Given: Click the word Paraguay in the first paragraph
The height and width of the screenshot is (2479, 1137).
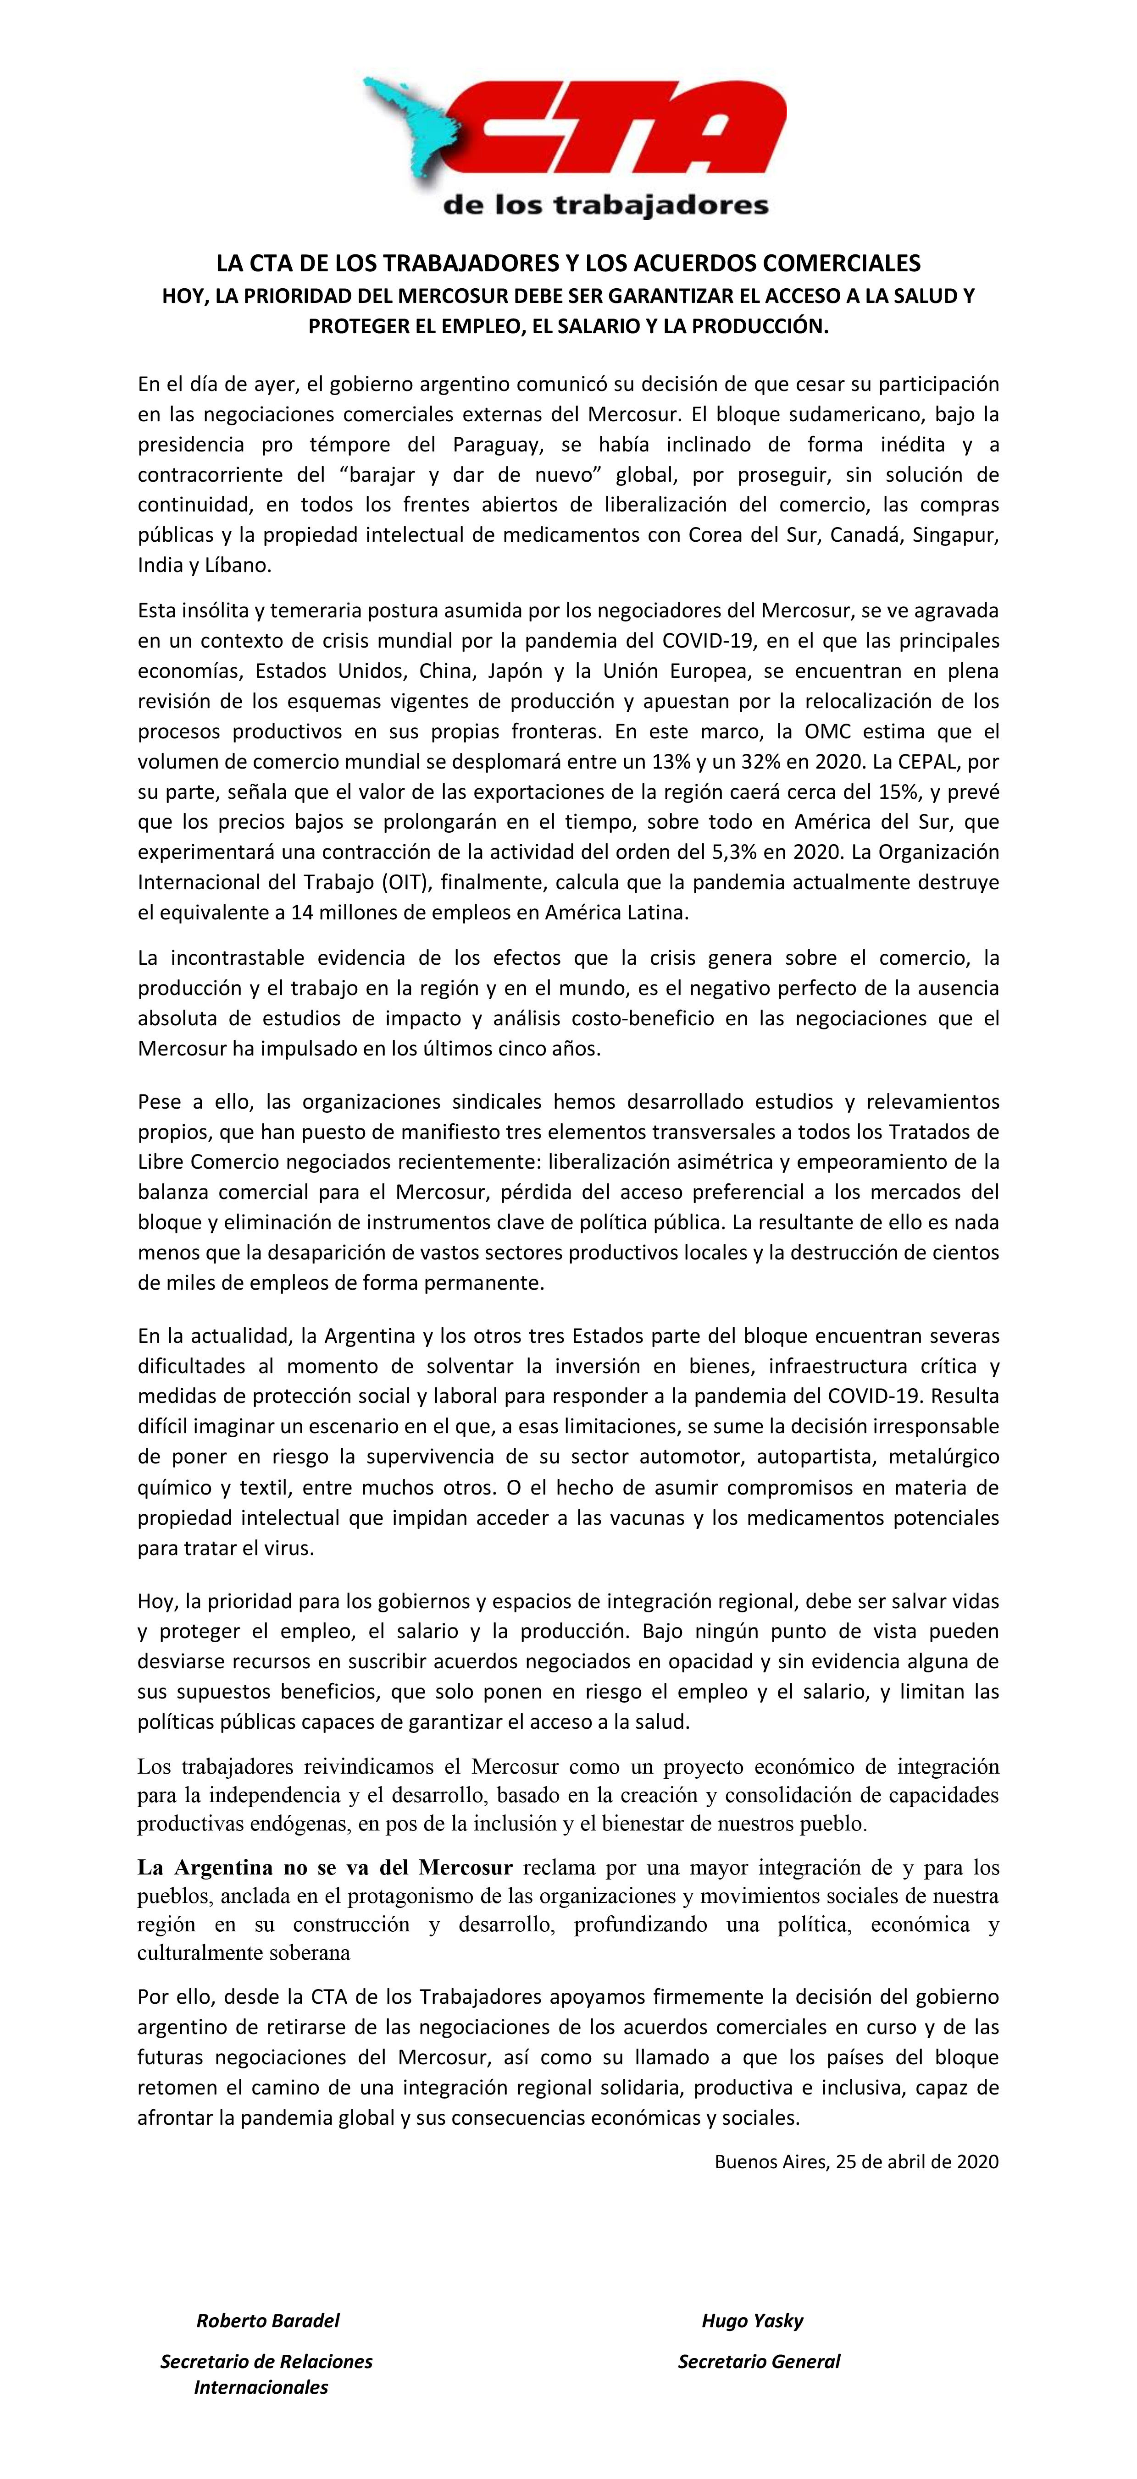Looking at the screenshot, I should point(492,445).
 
